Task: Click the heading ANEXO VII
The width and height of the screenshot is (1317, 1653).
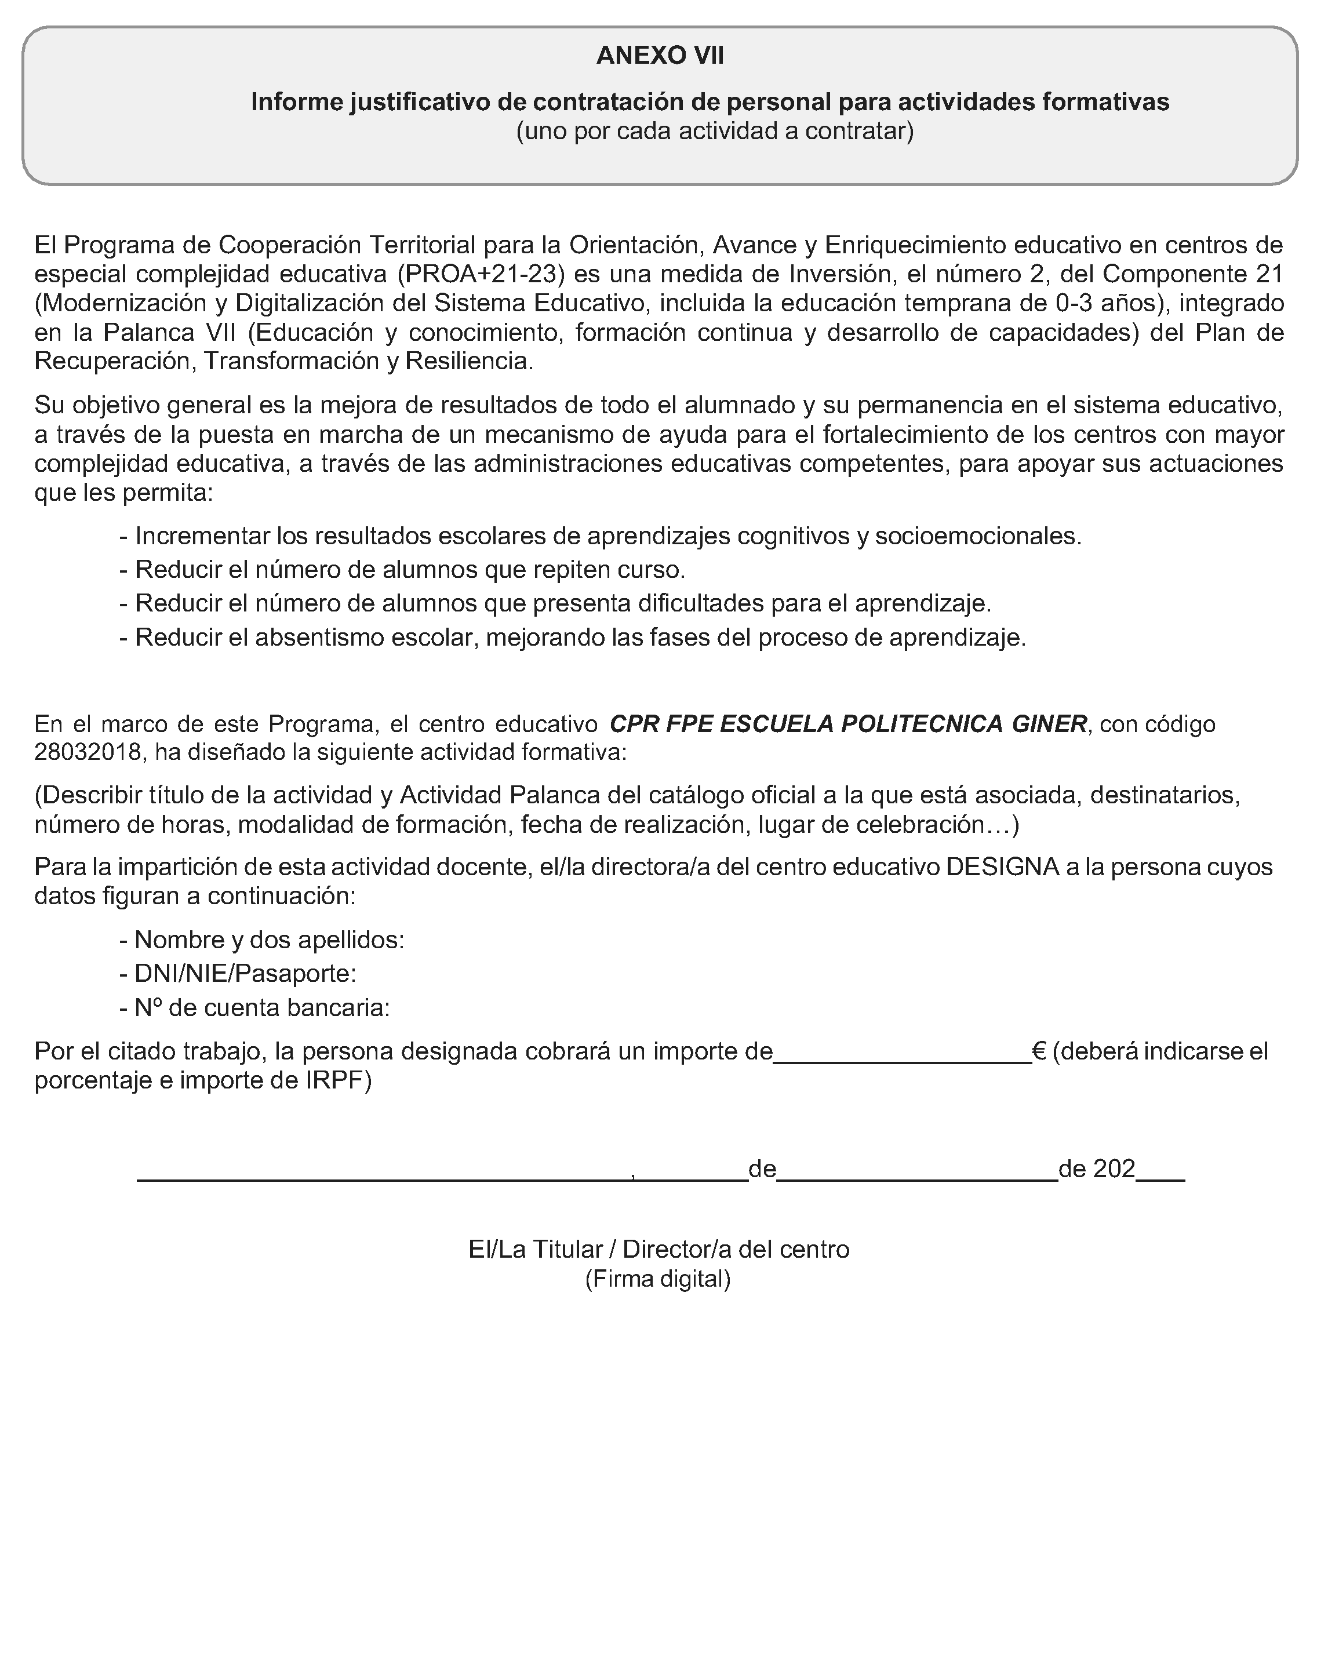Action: click(x=659, y=56)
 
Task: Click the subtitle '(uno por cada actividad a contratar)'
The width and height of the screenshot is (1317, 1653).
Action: click(x=715, y=131)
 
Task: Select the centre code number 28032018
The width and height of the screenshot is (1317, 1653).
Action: click(x=88, y=752)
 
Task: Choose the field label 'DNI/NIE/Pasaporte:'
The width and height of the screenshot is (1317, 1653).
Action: click(x=245, y=974)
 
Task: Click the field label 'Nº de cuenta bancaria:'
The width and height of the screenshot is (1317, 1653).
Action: click(x=261, y=1007)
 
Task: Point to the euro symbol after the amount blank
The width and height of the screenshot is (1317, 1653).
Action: click(x=1039, y=1050)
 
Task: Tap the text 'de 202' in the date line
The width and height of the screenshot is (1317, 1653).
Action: click(x=1096, y=1168)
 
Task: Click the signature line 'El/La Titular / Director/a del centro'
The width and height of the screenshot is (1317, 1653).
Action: click(x=658, y=1249)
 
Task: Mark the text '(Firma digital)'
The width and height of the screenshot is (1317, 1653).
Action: click(x=658, y=1279)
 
